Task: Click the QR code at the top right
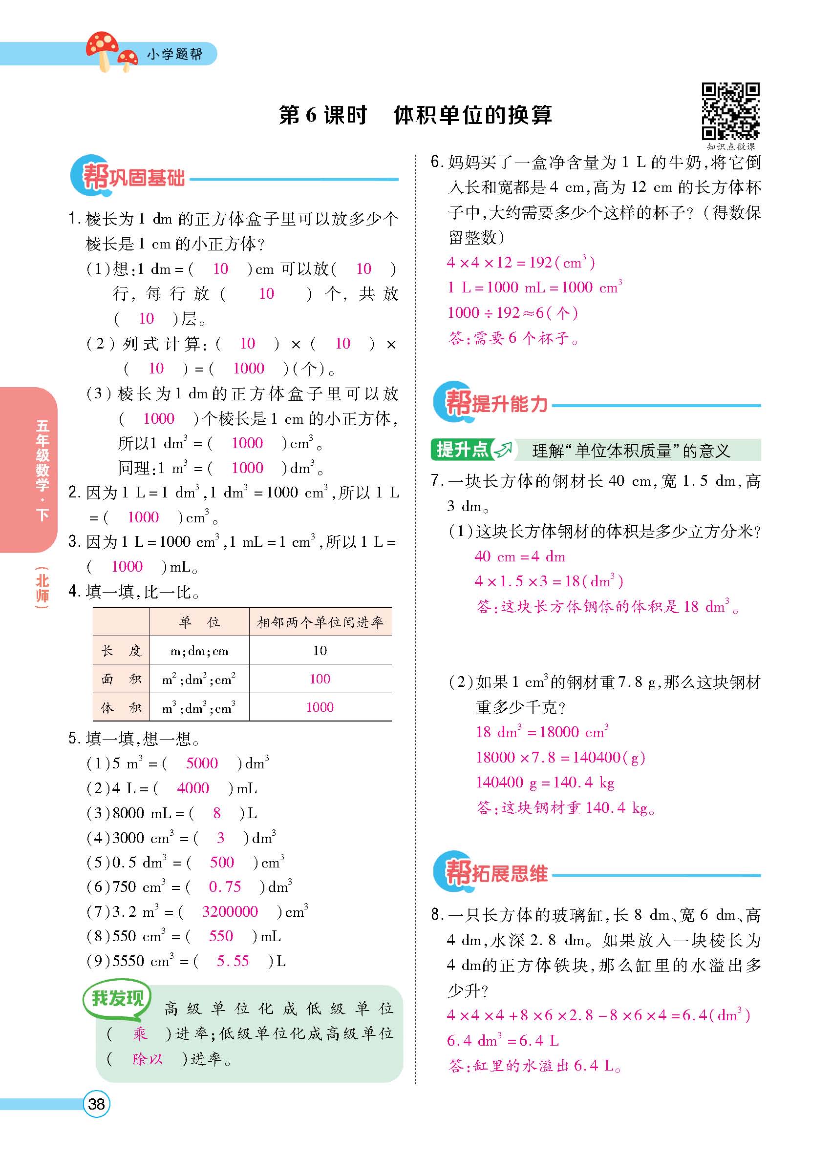(x=730, y=111)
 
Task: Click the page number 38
(x=96, y=1104)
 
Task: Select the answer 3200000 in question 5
(x=230, y=911)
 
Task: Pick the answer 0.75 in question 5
(x=225, y=886)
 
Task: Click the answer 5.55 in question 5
(x=233, y=961)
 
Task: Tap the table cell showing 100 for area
(x=320, y=679)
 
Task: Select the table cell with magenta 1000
(x=320, y=707)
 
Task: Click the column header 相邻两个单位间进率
(x=320, y=622)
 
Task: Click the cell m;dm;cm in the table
(x=199, y=651)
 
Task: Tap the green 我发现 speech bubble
(x=117, y=998)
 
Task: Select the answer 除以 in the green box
(x=147, y=1059)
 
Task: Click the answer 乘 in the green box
(x=140, y=1033)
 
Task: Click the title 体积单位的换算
(x=472, y=116)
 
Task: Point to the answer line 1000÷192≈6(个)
(x=512, y=312)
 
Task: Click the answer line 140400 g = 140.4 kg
(x=545, y=782)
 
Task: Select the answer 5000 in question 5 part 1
(x=202, y=762)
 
